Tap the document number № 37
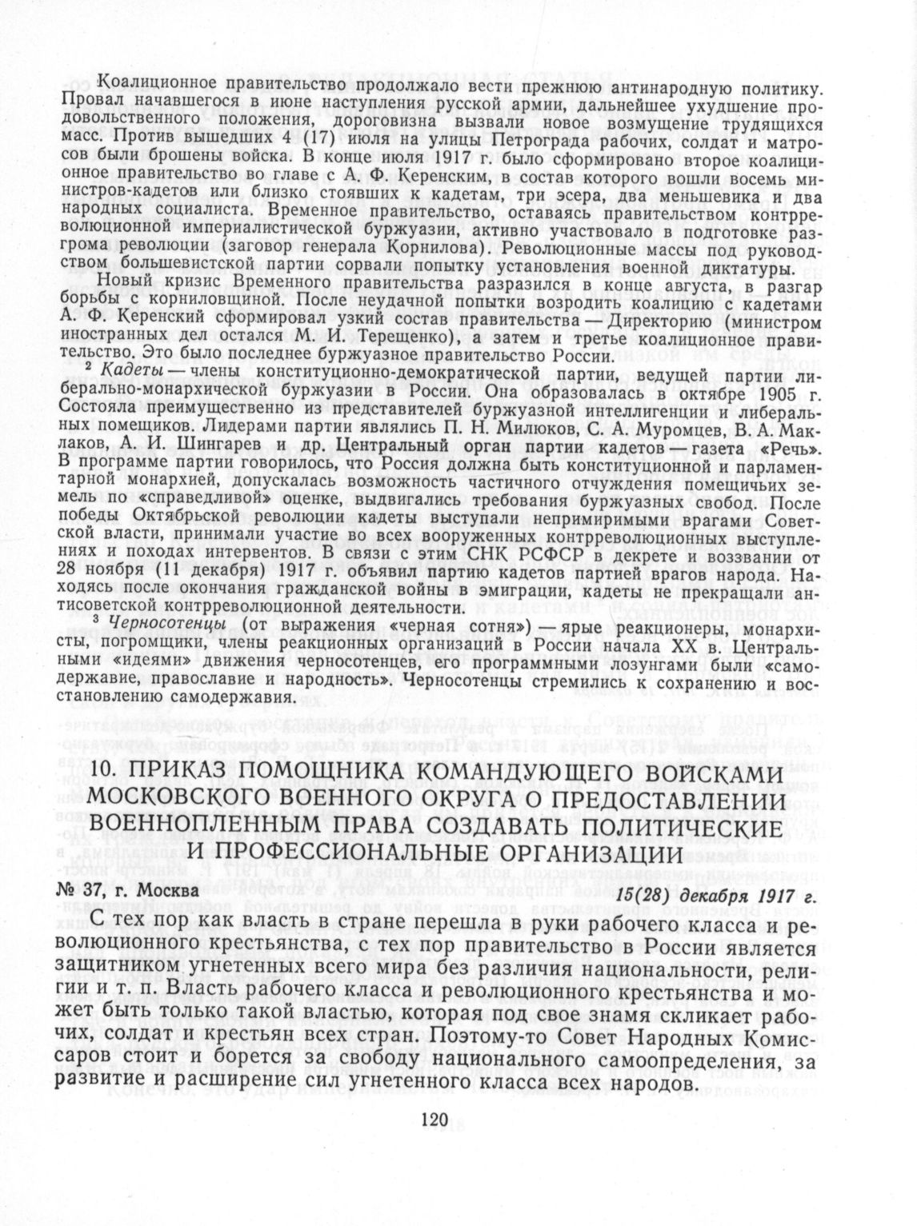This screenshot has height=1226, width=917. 110,889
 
